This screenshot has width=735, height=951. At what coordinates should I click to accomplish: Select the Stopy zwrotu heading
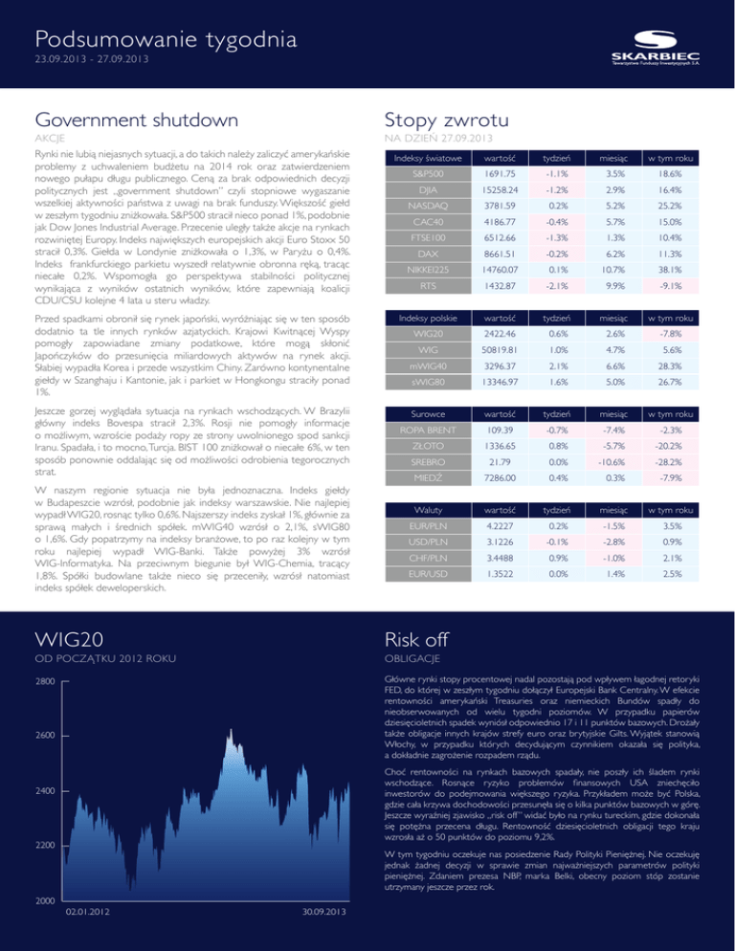click(x=441, y=122)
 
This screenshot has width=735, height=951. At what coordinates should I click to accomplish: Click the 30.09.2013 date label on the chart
click(x=316, y=938)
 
